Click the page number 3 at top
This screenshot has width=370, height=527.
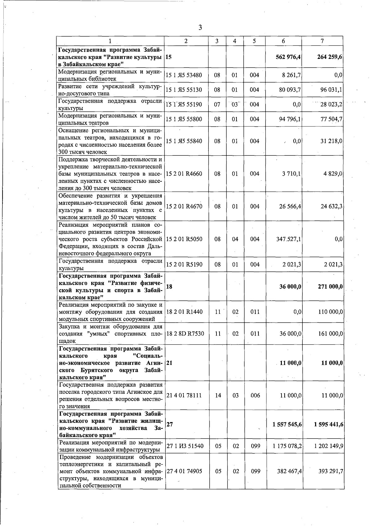[x=200, y=28]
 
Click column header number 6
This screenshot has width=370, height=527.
[x=283, y=41]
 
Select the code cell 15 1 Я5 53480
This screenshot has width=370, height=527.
[x=184, y=75]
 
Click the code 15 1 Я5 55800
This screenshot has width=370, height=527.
[x=184, y=119]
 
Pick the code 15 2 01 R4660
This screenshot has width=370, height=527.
[x=184, y=174]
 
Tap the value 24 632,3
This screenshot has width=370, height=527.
[x=331, y=206]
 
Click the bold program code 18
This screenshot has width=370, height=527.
[x=169, y=286]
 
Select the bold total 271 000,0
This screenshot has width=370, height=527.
[x=330, y=286]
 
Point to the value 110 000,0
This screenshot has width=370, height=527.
[x=331, y=312]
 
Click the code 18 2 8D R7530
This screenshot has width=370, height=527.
[x=185, y=333]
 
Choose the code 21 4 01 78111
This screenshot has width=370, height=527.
[x=184, y=395]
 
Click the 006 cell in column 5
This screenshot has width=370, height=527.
[x=255, y=395]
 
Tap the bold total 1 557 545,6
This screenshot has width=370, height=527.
[x=287, y=424]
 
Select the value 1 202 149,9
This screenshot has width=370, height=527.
[x=329, y=446]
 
